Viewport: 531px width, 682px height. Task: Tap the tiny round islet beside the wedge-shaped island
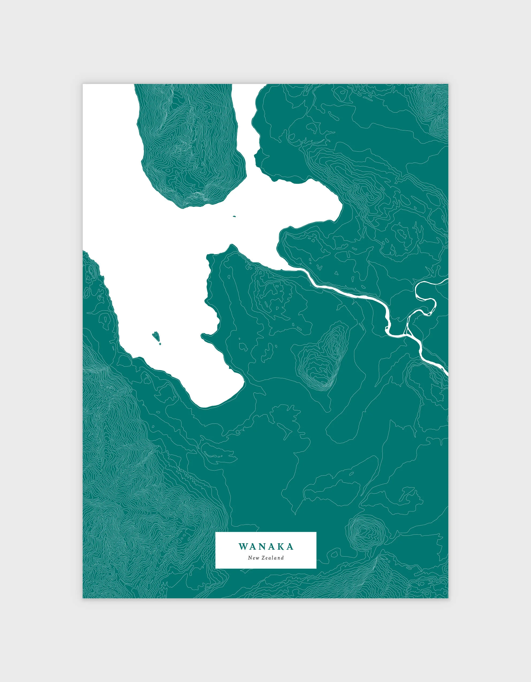tap(160, 344)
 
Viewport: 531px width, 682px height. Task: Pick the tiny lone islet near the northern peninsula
tap(234, 216)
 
